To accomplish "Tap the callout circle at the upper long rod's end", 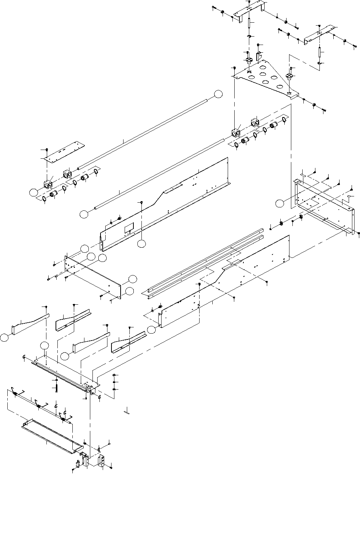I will (x=218, y=94).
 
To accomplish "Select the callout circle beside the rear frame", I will (x=280, y=204).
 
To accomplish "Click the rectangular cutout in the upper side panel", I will (x=129, y=229).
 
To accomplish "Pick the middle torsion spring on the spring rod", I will (x=38, y=405).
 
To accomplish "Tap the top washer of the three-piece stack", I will (x=115, y=376).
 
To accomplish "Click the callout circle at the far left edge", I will (x=4, y=338).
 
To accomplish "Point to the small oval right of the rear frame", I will (x=349, y=196).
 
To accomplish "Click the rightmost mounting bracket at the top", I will (x=320, y=34).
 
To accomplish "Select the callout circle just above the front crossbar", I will (x=44, y=346).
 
